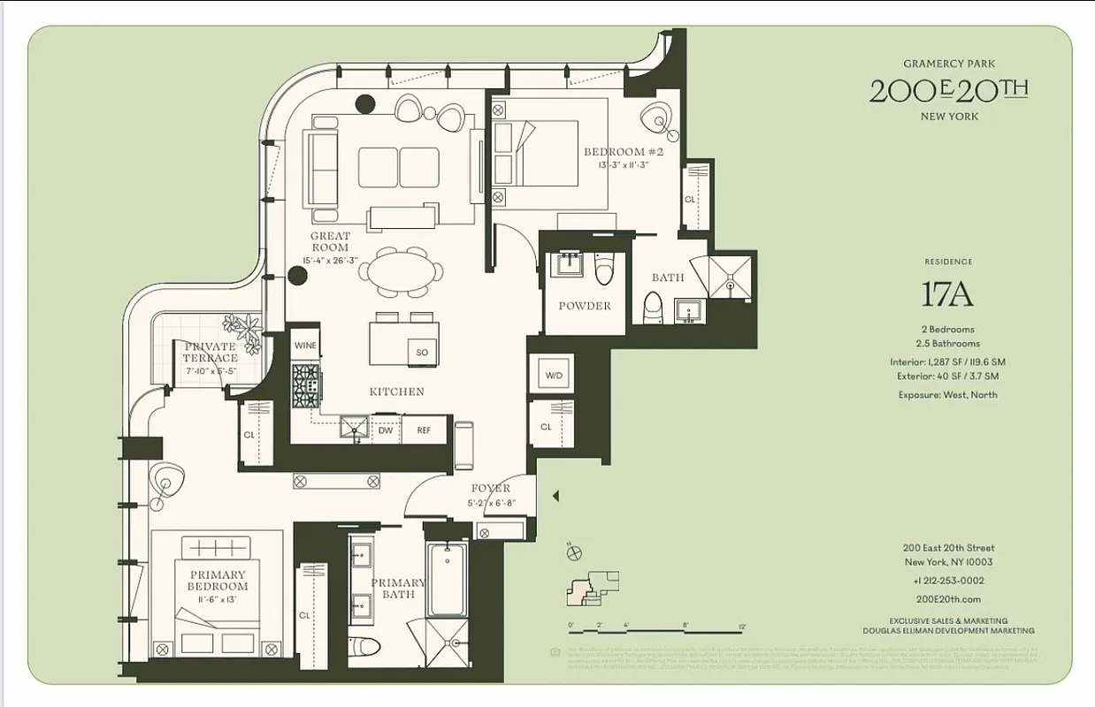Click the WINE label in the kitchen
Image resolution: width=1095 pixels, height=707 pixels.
305,346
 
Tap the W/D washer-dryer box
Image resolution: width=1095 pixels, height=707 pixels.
553,375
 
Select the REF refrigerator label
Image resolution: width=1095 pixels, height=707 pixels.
424,430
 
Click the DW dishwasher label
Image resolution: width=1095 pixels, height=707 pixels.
386,430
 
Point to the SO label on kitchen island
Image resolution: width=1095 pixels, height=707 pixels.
422,353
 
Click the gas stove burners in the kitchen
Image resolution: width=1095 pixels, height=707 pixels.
306,385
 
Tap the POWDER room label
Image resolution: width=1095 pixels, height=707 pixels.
585,306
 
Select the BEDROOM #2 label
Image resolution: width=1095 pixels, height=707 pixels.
623,152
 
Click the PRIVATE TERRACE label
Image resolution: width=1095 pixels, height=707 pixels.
210,352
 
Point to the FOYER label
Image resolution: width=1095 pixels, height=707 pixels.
490,489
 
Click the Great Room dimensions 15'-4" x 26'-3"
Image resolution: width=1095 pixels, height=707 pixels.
330,261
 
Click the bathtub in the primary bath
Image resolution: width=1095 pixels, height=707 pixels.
448,581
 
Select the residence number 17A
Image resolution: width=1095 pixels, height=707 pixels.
948,294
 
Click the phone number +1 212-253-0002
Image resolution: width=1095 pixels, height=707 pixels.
948,581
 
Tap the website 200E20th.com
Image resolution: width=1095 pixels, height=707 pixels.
948,599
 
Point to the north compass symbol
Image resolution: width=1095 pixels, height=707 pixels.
573,552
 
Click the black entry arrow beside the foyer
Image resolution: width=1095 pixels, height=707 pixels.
555,497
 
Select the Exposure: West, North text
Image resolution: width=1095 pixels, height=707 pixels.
947,395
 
